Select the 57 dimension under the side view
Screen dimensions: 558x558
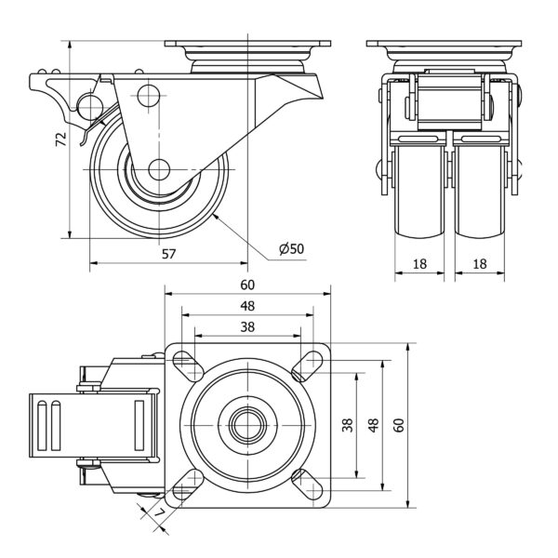click(168, 253)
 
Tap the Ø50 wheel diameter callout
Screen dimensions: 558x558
click(291, 248)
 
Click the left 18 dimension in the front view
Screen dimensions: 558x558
click(419, 264)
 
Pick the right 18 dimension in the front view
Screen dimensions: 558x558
click(480, 264)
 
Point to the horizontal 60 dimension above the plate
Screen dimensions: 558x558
click(248, 285)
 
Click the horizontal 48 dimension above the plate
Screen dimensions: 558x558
click(248, 306)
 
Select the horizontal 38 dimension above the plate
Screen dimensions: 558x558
click(248, 326)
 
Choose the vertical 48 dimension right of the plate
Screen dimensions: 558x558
click(373, 425)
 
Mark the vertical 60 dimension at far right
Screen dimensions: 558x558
click(399, 425)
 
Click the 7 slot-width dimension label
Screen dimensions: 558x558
click(159, 512)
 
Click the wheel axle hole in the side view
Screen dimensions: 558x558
click(159, 170)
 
